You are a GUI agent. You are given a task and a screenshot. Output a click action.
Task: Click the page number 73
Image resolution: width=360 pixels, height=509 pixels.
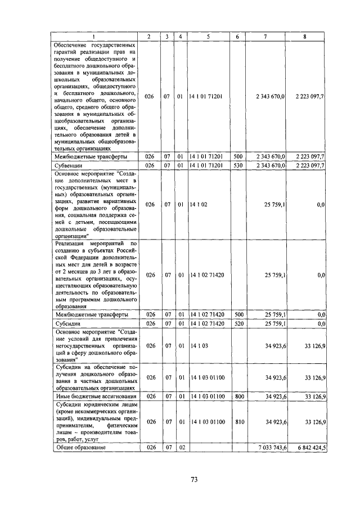193,479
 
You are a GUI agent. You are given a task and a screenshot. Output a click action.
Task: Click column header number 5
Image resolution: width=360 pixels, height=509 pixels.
208,37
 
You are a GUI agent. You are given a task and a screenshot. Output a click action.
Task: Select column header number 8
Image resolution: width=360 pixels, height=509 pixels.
304,37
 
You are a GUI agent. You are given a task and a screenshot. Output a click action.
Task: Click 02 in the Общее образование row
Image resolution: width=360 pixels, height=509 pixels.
180,447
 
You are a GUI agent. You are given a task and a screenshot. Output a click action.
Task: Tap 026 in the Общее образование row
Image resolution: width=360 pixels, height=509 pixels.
149,447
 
